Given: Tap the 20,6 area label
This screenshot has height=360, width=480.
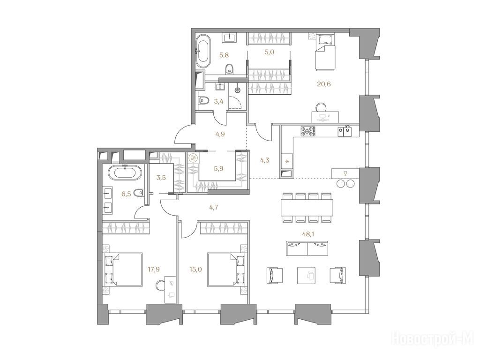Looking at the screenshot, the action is click(x=324, y=84).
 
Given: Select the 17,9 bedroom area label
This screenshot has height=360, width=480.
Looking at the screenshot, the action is click(x=154, y=270).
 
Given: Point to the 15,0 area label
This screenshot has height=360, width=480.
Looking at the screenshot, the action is click(x=195, y=270).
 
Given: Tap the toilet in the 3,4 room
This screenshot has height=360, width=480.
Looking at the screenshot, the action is click(x=203, y=100).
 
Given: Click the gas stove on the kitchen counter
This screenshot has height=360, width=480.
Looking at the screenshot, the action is click(x=307, y=131).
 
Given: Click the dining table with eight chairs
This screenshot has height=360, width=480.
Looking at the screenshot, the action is click(x=307, y=207).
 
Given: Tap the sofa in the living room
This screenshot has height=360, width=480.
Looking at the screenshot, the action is click(x=307, y=248).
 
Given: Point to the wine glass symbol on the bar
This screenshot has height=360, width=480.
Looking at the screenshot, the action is click(x=345, y=173).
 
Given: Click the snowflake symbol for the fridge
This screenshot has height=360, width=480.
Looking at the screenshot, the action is click(x=287, y=161).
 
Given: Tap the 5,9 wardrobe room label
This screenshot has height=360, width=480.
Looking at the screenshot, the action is click(x=219, y=168).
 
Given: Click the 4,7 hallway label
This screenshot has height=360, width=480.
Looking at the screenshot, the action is click(x=214, y=207).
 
